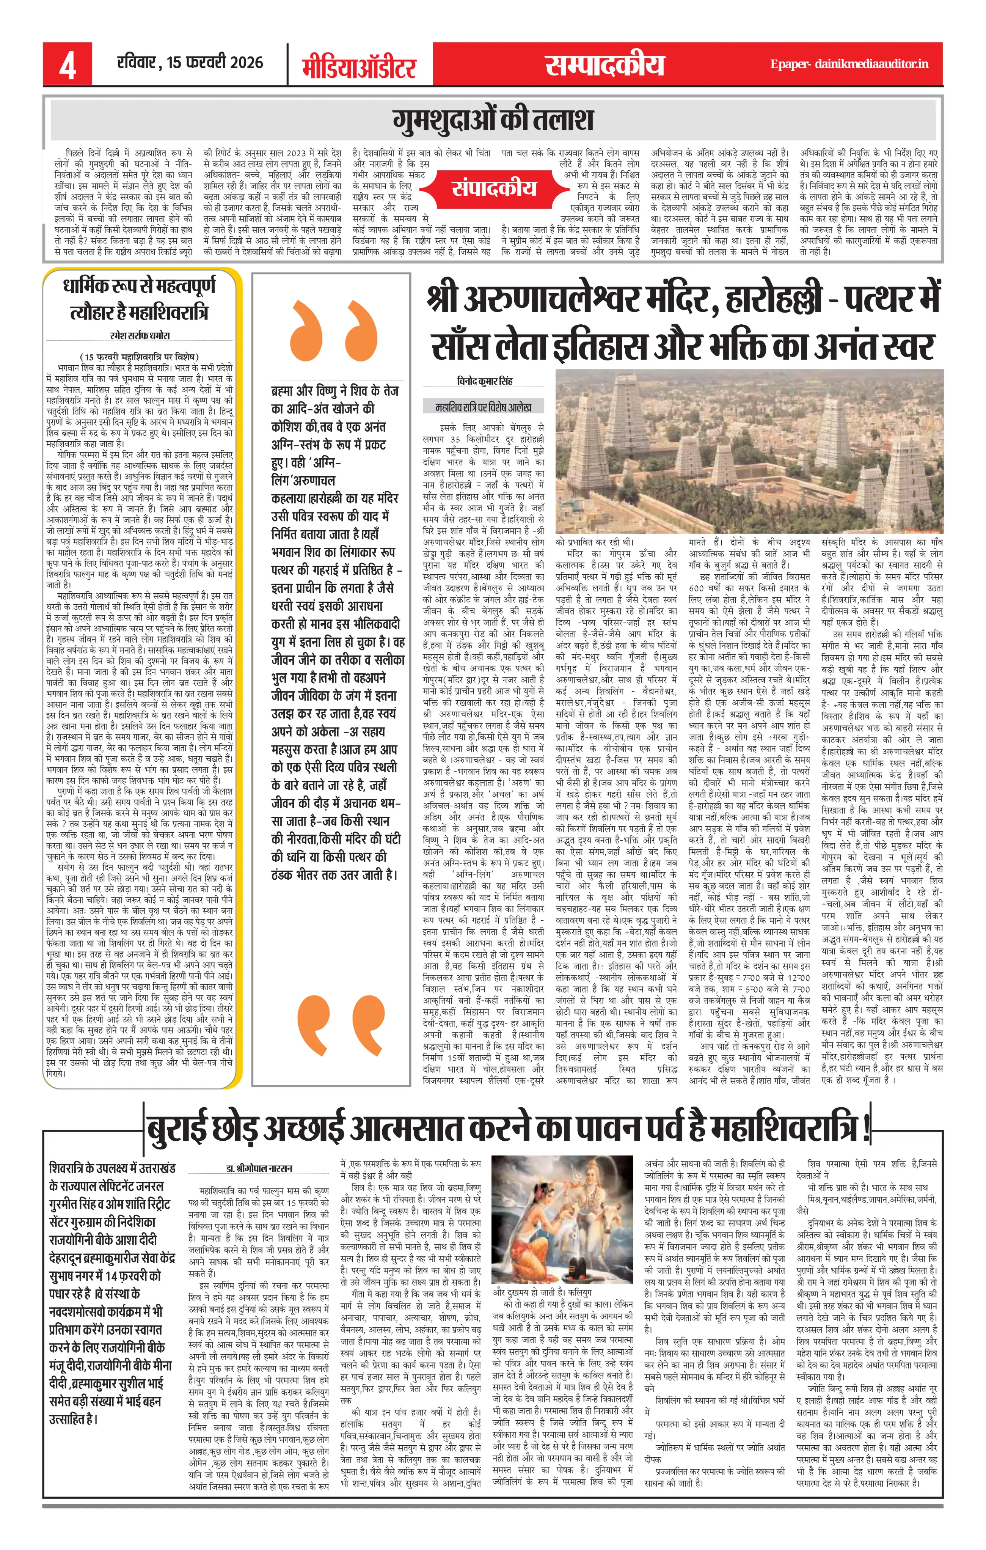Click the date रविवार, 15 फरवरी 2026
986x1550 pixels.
tap(190, 63)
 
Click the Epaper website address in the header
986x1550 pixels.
tap(849, 64)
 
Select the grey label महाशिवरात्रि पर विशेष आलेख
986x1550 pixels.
tap(483, 407)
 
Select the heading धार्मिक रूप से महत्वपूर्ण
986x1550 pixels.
tap(139, 286)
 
